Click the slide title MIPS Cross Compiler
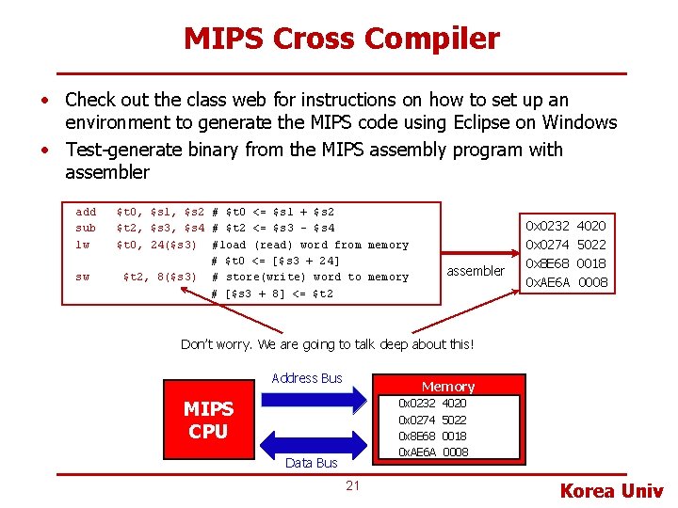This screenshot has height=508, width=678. (x=341, y=39)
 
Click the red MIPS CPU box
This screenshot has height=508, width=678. (x=208, y=421)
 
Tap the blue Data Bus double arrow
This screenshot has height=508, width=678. (x=310, y=441)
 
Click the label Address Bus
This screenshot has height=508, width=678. (x=306, y=378)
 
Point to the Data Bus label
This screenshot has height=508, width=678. (x=311, y=463)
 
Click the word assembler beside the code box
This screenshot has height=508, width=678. (x=475, y=271)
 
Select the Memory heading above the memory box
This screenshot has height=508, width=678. (x=447, y=386)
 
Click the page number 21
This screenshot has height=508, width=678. (x=352, y=485)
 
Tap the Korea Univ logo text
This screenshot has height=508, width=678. (x=612, y=490)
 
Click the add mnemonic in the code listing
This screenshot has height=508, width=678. (x=86, y=212)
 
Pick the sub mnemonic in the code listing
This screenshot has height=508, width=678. (x=86, y=228)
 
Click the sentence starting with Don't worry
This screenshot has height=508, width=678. (x=327, y=344)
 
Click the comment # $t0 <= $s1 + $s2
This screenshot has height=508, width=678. (x=273, y=212)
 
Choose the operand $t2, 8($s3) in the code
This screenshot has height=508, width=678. (x=160, y=278)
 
